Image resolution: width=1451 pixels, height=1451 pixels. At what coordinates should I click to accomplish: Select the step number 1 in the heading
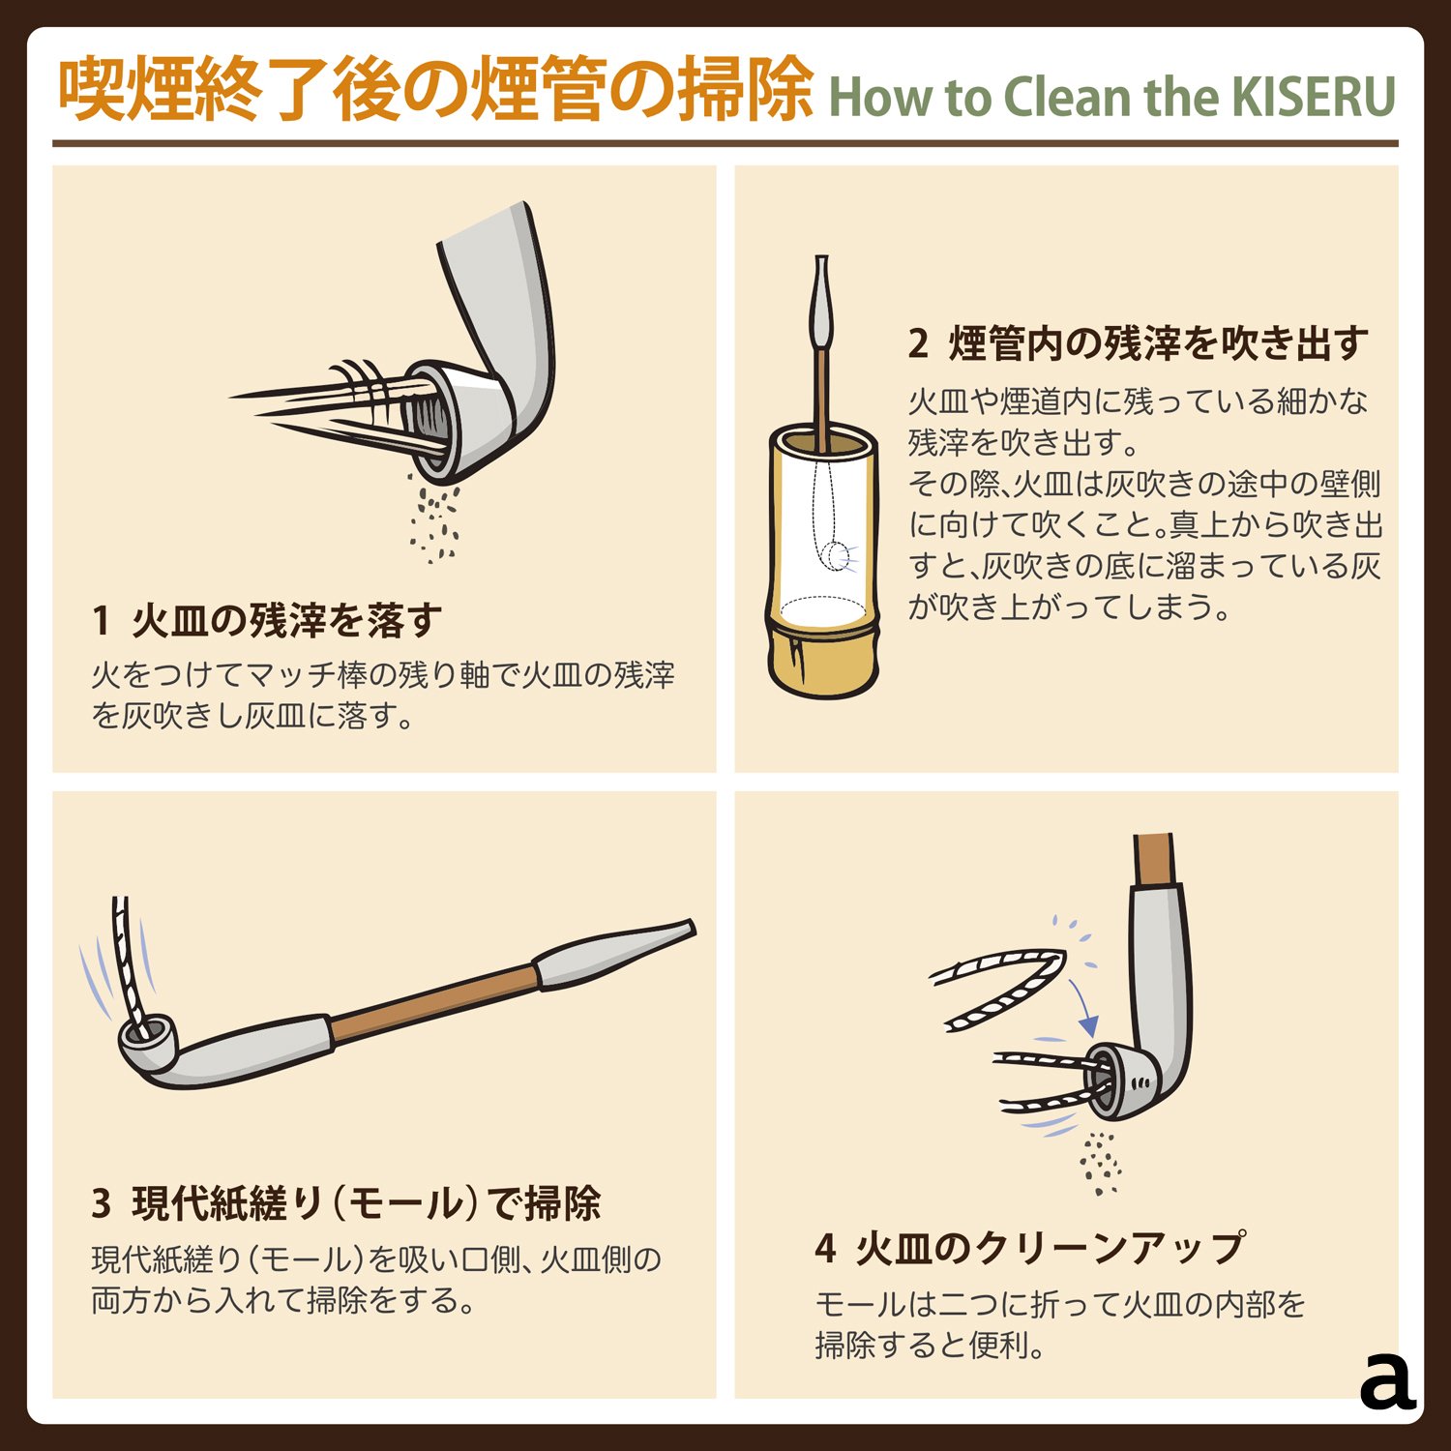pos(101,621)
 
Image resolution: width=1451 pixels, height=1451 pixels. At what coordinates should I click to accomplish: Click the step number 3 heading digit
pos(102,1204)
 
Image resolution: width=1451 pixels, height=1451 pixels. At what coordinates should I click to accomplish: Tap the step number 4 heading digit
pos(824,1249)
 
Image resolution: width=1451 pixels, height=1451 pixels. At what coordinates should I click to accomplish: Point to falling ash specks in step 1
pos(434,522)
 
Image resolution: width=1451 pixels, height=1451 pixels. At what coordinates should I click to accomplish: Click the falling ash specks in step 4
pos(1100,1161)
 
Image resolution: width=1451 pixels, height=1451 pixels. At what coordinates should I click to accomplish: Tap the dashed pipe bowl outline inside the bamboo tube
pos(834,555)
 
